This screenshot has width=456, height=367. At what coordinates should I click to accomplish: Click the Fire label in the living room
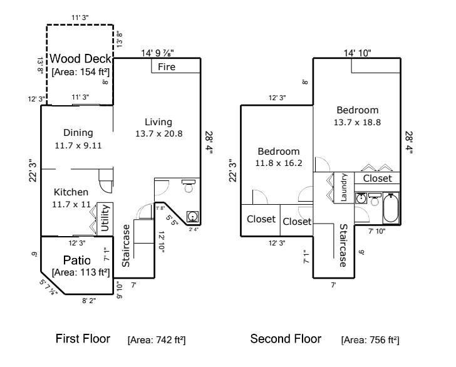(167, 66)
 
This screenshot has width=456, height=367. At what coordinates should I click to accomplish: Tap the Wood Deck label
(80, 59)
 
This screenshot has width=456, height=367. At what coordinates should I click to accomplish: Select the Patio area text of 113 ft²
(80, 272)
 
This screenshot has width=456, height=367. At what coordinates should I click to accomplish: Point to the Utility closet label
(105, 218)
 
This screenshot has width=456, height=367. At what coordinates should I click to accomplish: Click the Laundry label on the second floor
(345, 187)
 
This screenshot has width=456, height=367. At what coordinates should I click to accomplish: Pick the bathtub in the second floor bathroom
(391, 209)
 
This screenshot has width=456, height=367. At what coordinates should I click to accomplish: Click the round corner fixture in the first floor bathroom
(194, 217)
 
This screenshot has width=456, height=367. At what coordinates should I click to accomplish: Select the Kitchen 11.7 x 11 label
(71, 198)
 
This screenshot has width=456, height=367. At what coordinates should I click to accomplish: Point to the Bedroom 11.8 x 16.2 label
(279, 157)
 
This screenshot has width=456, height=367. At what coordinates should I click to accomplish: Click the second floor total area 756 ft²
(370, 340)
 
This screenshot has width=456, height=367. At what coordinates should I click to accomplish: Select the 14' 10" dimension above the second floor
(357, 53)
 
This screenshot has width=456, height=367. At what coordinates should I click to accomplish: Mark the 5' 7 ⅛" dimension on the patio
(48, 286)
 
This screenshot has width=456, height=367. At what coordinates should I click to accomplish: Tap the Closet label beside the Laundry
(378, 178)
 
